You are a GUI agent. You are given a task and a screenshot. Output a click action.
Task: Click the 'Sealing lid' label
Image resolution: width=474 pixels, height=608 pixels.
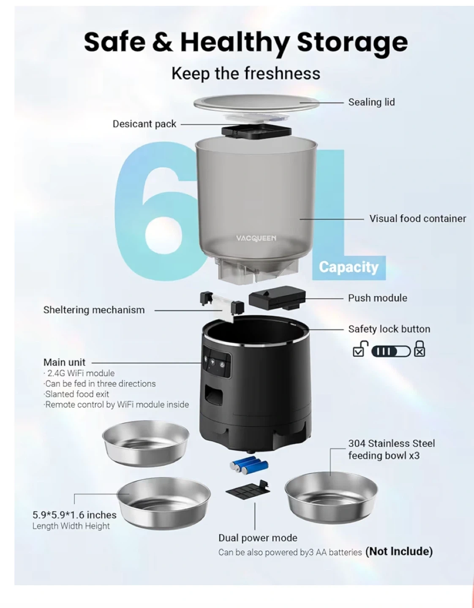pos(371,102)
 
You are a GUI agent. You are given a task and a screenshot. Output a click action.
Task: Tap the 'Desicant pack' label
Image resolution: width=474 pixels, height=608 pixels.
pos(144,124)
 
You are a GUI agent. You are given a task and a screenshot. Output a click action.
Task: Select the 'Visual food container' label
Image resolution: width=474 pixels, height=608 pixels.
pos(418,219)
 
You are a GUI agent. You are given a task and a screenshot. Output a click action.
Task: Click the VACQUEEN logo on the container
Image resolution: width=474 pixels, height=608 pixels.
pos(256,239)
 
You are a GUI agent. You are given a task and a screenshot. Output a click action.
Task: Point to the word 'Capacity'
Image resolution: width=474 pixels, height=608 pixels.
pos(349,267)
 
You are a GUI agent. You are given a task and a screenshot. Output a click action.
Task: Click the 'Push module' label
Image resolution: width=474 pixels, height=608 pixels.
pos(378,298)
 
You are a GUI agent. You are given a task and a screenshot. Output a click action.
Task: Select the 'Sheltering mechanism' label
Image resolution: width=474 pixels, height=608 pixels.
pos(94,310)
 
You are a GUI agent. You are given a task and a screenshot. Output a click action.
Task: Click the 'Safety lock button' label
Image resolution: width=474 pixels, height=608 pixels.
pos(389,329)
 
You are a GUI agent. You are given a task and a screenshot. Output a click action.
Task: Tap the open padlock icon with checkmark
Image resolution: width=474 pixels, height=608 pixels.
pos(360,349)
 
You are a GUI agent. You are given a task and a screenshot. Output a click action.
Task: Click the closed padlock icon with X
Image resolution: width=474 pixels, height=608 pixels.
pos(419,349)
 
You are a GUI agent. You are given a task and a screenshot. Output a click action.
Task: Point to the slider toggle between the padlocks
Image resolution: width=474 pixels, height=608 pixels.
pos(391,351)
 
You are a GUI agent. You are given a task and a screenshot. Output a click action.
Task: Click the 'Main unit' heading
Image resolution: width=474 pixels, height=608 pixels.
pos(64,362)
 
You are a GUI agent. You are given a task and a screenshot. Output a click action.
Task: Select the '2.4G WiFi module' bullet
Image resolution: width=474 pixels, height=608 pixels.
pos(79,373)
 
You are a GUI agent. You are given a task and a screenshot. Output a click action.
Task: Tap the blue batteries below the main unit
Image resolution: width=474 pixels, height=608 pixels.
pos(249,465)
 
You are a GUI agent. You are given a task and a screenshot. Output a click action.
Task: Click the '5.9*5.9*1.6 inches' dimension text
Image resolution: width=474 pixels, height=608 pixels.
pos(74,515)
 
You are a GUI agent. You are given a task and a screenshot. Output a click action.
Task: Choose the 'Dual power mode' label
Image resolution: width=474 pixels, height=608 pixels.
pos(258,538)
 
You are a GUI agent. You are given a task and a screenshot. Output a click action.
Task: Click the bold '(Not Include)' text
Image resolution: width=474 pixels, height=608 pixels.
pos(399,551)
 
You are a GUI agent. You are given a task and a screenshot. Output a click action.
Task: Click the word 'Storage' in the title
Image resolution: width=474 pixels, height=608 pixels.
pos(352,42)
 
